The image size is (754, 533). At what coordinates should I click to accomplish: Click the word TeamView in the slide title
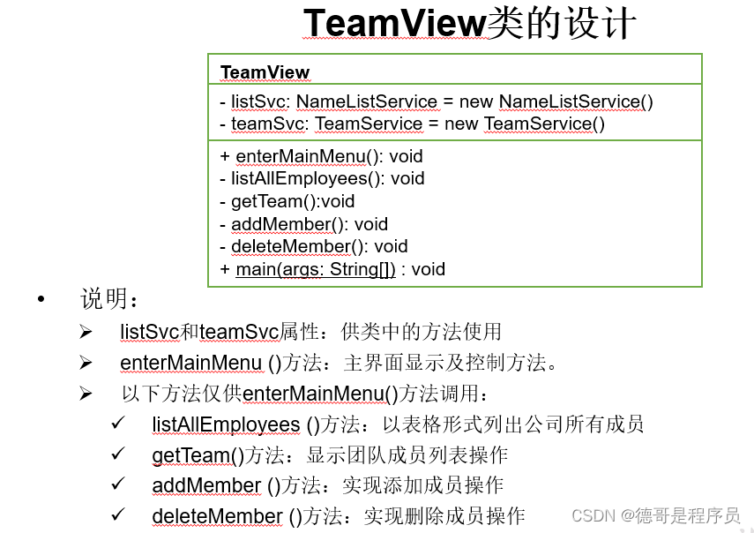[394, 24]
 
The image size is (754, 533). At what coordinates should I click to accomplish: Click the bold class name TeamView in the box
[265, 72]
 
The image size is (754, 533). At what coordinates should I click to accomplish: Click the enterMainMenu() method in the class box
[301, 156]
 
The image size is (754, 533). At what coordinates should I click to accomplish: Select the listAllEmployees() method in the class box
[305, 178]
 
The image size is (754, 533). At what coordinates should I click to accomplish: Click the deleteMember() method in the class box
[300, 246]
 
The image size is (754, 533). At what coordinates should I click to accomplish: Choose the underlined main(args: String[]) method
[315, 269]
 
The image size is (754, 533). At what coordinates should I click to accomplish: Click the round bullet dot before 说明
[40, 300]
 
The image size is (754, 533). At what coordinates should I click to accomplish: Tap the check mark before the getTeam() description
[118, 454]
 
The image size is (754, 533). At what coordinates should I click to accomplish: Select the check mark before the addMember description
[118, 484]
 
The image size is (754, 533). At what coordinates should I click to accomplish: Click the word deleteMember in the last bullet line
[217, 515]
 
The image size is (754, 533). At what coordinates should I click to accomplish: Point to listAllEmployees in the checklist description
[226, 424]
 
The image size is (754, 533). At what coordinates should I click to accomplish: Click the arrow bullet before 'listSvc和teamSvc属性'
[86, 332]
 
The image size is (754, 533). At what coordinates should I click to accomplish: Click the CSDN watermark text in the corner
[655, 516]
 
